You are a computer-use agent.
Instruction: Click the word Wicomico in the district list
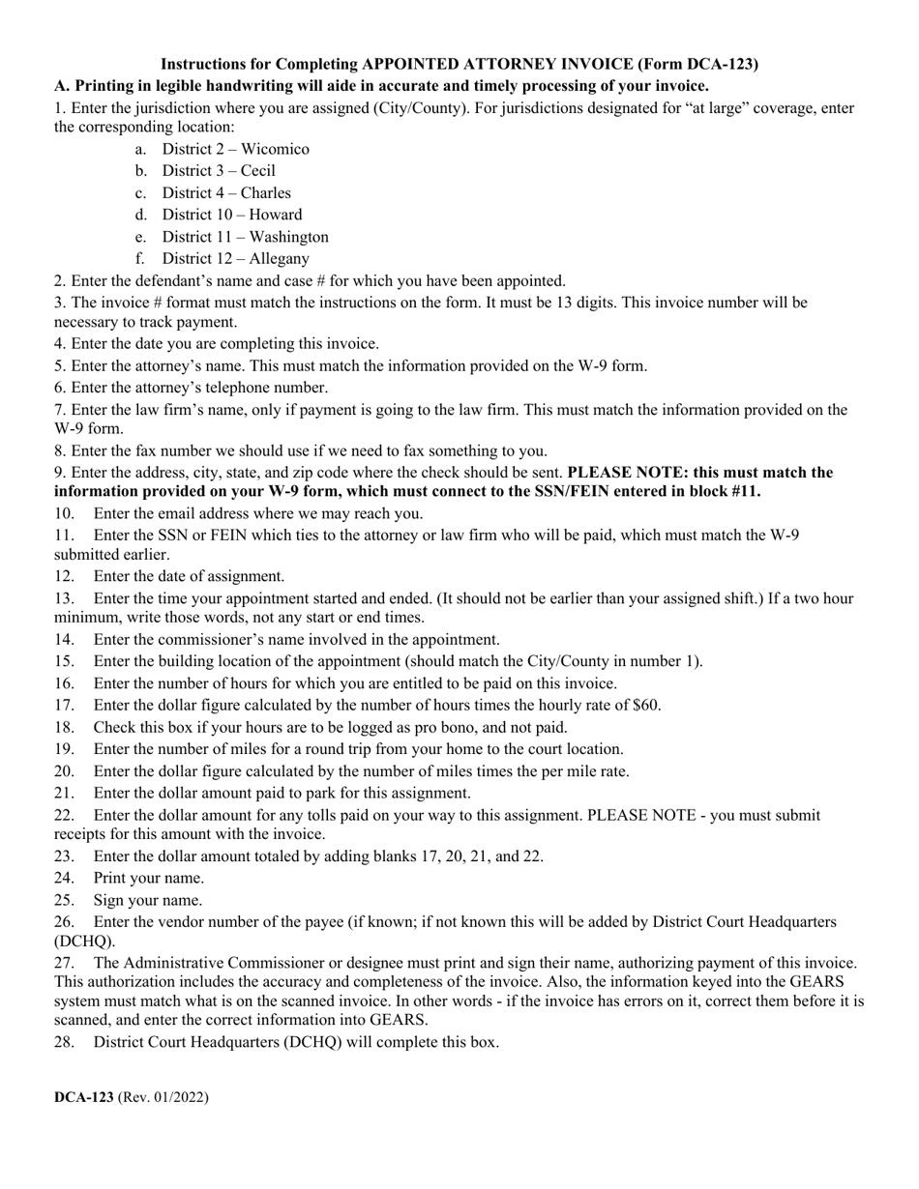click(x=275, y=149)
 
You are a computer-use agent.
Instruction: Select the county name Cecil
click(x=257, y=171)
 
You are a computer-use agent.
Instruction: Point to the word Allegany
click(x=279, y=258)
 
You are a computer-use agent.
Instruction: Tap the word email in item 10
click(x=155, y=513)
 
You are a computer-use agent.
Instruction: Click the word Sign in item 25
click(x=110, y=900)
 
